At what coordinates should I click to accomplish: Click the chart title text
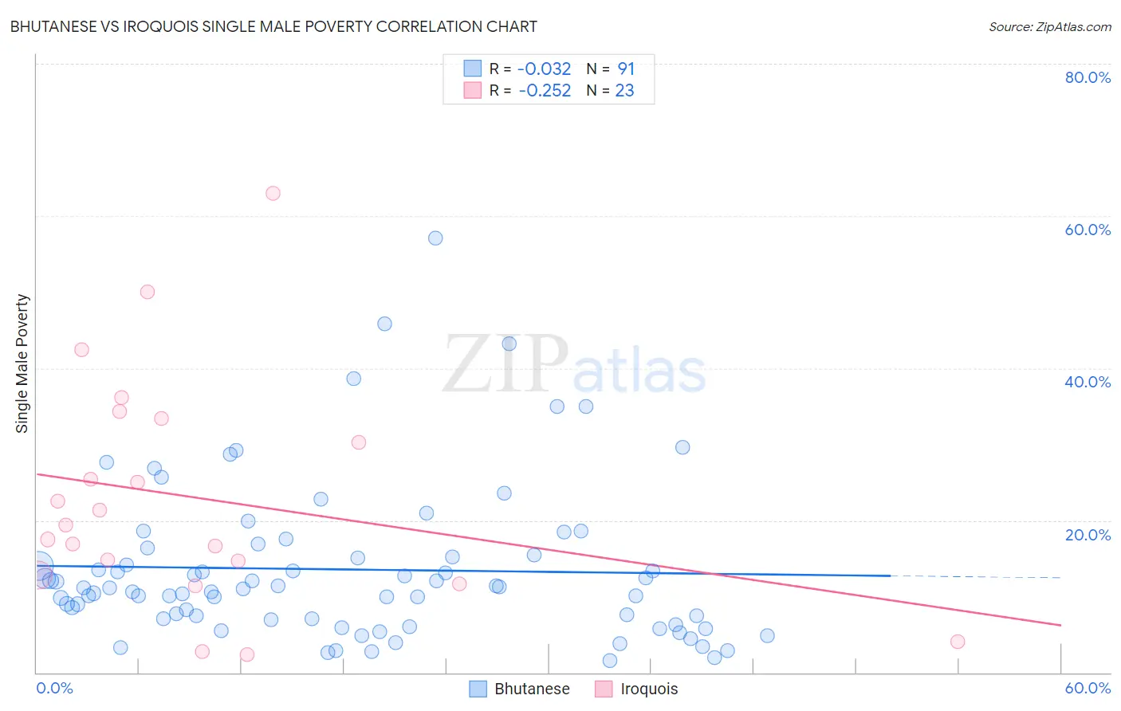(x=273, y=26)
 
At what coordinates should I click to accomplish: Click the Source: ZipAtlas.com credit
(x=1049, y=26)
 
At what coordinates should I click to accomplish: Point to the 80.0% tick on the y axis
(x=1088, y=77)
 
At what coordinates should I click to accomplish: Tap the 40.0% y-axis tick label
(x=1088, y=382)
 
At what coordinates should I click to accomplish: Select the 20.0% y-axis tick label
(x=1088, y=535)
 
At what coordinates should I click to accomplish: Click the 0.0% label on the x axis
(x=54, y=688)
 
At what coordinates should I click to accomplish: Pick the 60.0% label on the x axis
(x=1088, y=688)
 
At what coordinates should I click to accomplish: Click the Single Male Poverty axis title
(x=22, y=363)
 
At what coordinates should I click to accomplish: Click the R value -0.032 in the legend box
(x=545, y=69)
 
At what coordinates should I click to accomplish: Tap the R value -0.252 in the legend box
(x=545, y=91)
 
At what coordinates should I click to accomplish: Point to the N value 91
(x=626, y=69)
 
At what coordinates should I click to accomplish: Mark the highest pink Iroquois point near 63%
(x=273, y=193)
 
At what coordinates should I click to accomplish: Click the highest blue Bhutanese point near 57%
(x=435, y=238)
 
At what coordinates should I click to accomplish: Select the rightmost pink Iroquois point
(x=958, y=642)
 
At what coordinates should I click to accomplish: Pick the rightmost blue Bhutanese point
(x=767, y=635)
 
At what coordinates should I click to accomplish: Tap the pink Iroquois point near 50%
(x=147, y=292)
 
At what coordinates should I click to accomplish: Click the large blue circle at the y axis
(x=37, y=567)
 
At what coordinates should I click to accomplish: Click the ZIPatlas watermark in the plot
(x=574, y=366)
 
